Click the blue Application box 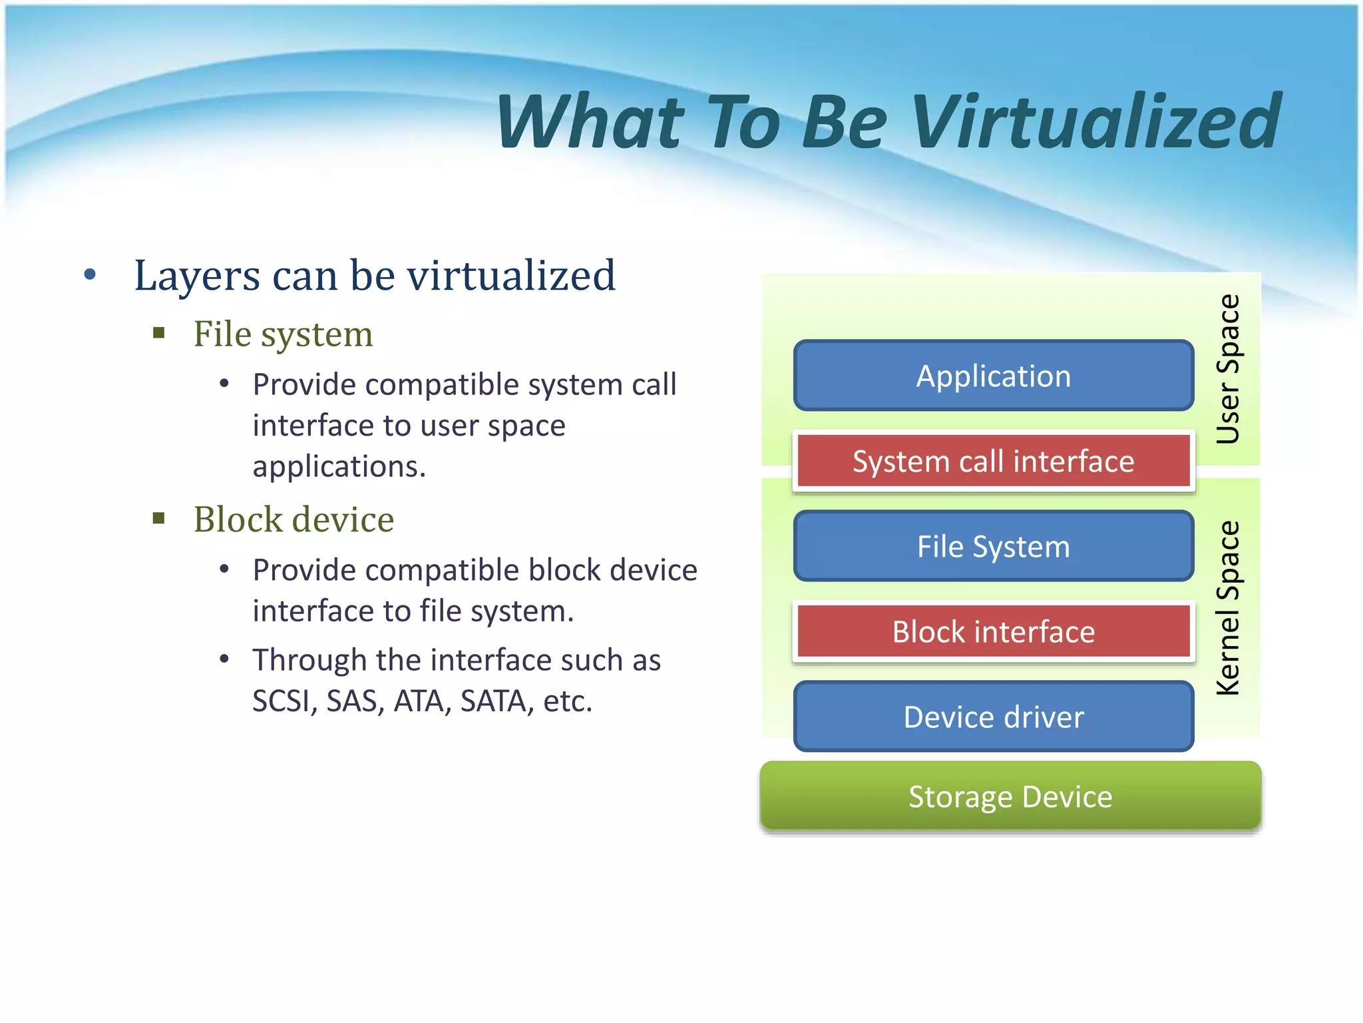[x=993, y=376]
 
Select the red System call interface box [x=993, y=461]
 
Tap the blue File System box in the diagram [x=993, y=546]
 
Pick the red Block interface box [x=993, y=631]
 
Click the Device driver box [x=993, y=717]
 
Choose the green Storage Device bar [x=1010, y=797]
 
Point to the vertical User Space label [x=1228, y=369]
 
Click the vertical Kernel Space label [x=1228, y=607]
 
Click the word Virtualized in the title [x=1095, y=121]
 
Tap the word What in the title [x=590, y=121]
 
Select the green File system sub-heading [x=283, y=334]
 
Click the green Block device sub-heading [x=293, y=519]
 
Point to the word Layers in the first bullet [x=197, y=276]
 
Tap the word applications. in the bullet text [x=339, y=466]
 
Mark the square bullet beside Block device [x=158, y=518]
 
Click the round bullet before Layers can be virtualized [x=91, y=274]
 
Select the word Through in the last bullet [x=309, y=660]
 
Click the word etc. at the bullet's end [x=567, y=701]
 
